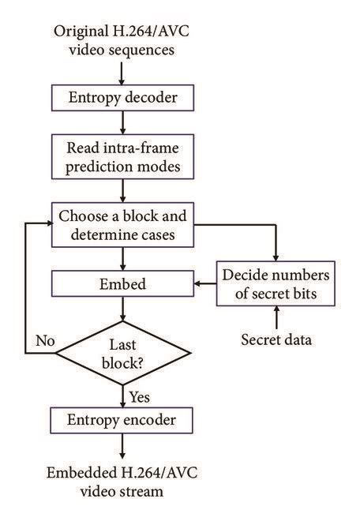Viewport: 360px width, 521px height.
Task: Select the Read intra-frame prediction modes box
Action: coord(122,157)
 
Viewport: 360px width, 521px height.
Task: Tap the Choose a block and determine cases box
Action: coord(122,225)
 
